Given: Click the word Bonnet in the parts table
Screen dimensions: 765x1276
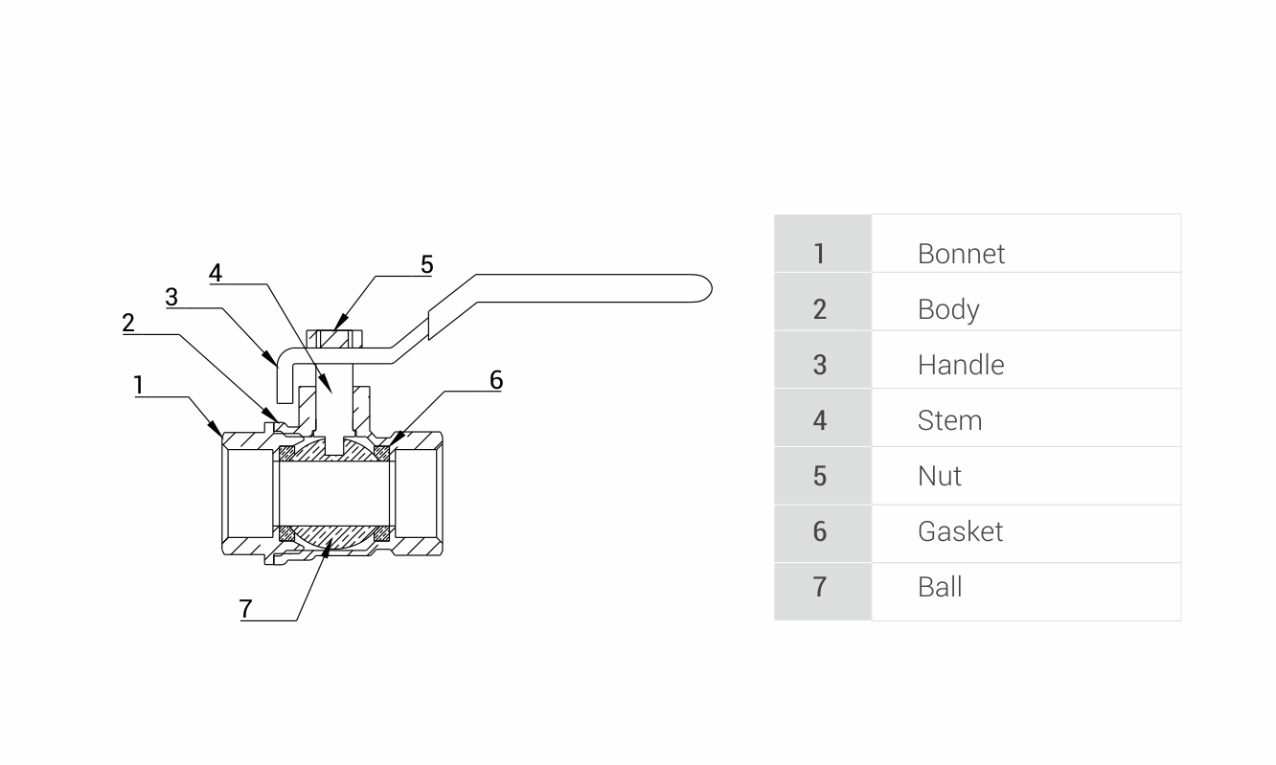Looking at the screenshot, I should pos(961,254).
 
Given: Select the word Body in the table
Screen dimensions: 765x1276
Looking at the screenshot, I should pos(947,309).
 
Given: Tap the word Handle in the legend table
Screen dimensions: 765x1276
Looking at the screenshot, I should pos(960,365).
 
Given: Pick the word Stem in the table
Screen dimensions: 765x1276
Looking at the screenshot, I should pos(949,420).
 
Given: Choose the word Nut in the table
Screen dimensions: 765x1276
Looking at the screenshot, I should pos(939,476).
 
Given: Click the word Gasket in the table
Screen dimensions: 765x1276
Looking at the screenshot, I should pos(960,531).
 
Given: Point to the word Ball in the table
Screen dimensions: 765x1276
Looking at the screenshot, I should pos(939,587).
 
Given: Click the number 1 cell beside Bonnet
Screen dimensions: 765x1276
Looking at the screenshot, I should pos(819,254).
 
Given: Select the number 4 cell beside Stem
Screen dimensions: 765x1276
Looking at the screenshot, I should pos(819,420).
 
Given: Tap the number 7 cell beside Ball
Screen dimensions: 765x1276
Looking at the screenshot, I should pos(819,587).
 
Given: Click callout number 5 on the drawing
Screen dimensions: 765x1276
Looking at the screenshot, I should pos(426,264).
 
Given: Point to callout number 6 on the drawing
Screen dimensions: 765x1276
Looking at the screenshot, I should pos(495,380).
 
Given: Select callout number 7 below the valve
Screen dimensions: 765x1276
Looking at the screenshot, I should pos(246,608).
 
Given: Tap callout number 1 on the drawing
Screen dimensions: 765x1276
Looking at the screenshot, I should pos(139,385).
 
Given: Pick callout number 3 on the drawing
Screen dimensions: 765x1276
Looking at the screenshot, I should pos(171,297).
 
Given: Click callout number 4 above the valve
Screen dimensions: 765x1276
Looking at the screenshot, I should pos(216,273).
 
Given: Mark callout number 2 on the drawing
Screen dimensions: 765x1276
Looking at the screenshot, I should pos(128,323).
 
